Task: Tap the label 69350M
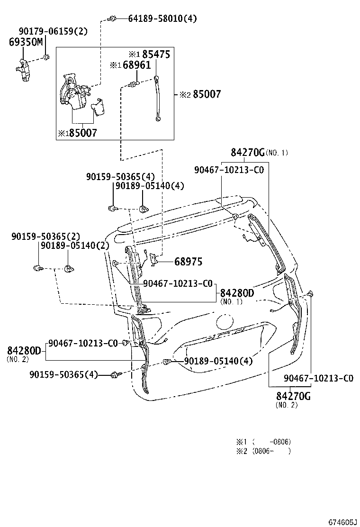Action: [26, 42]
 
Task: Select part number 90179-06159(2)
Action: [53, 31]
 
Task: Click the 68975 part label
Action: [188, 261]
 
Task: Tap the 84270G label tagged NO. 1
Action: [247, 152]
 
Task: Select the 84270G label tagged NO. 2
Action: [293, 396]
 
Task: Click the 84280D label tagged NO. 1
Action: [237, 293]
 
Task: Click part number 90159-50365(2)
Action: [46, 236]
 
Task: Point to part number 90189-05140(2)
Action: [75, 245]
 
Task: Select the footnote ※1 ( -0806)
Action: [264, 441]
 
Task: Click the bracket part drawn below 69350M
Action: [23, 71]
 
